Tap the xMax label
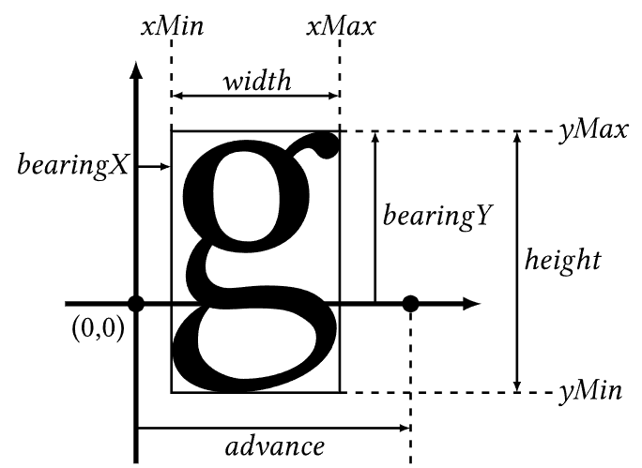click(x=340, y=26)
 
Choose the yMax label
click(x=591, y=131)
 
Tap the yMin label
click(x=588, y=391)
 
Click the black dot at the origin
click(x=136, y=303)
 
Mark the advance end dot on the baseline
click(x=410, y=303)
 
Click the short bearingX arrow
click(x=154, y=167)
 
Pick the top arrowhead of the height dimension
click(x=515, y=137)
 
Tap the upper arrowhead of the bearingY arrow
click(x=374, y=137)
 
